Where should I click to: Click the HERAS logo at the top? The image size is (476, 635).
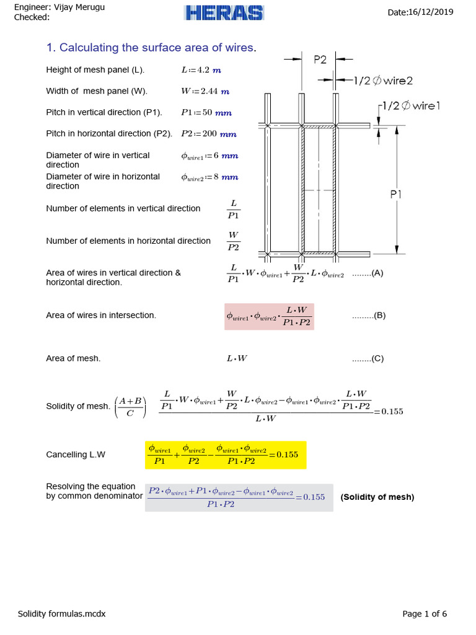tap(224, 12)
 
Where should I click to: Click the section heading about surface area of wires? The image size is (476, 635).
tap(151, 48)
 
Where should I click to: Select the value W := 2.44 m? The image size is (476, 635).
tap(205, 91)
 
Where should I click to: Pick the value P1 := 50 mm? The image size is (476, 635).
tap(206, 112)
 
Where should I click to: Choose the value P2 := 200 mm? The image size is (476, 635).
tap(209, 133)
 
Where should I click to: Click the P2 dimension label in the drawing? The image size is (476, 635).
tap(320, 60)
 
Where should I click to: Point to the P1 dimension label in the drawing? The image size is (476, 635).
tap(397, 194)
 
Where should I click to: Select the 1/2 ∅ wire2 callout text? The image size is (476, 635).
tap(383, 80)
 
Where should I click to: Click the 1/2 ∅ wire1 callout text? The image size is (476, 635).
tap(411, 105)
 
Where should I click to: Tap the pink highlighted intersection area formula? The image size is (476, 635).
tap(269, 316)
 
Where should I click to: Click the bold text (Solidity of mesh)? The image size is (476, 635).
tap(377, 497)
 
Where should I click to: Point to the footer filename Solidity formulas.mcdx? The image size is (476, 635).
tap(61, 614)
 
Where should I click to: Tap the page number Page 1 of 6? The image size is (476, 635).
tap(425, 614)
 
